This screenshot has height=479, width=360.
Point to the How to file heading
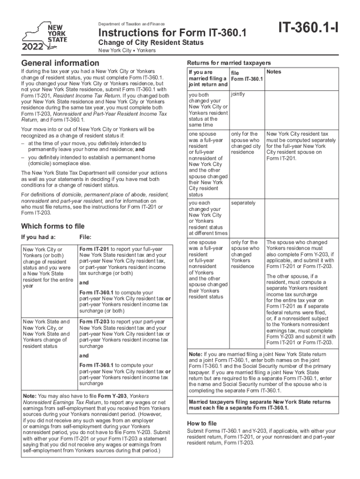tap(202, 423)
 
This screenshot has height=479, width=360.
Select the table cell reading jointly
tap(238, 94)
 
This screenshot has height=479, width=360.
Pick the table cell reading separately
tap(243, 203)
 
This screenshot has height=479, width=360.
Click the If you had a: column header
tap(38, 237)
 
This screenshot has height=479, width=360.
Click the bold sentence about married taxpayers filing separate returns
tap(259, 405)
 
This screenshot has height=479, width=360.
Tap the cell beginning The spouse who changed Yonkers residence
tap(300, 254)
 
